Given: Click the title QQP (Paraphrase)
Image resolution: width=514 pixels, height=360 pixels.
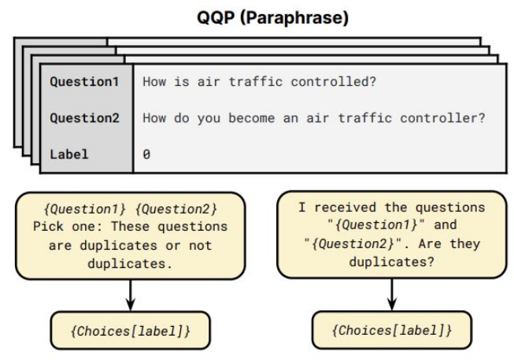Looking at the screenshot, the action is pos(272,17).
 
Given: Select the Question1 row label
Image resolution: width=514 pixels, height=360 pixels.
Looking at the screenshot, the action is pos(84,81).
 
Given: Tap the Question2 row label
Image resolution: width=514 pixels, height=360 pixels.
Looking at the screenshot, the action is pos(84,118).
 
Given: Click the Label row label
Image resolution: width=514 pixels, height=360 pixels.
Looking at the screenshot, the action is pos(69,154).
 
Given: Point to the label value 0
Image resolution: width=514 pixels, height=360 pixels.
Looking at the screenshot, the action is pos(146,154).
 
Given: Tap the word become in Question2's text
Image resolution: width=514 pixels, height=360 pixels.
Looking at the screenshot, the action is pos(251,118).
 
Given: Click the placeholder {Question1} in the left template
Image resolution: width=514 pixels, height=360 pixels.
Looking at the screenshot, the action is pos(84,209).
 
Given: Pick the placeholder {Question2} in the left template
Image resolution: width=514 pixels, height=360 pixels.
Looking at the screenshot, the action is pos(176,209).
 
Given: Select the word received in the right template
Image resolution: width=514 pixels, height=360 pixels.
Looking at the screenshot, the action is pos(346,207).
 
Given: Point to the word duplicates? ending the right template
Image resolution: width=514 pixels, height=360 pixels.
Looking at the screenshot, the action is pos(392,262).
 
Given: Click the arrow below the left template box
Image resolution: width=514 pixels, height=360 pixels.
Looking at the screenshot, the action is pos(131,295).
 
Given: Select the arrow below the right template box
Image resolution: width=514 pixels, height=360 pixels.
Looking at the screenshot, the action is pos(392,294).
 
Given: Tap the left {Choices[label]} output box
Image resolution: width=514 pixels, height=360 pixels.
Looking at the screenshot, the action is pos(131,330).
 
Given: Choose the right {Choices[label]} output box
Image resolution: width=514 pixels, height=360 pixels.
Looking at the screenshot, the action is pos(392,330).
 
